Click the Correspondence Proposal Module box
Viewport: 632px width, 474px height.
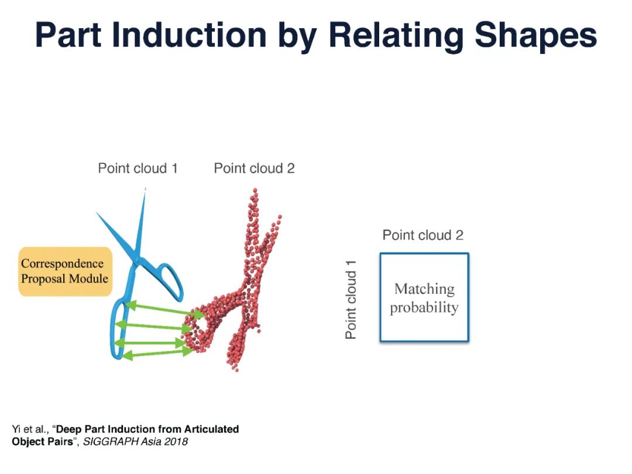tap(65, 272)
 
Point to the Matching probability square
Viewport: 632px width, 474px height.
tap(424, 297)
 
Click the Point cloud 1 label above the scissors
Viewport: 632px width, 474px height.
tap(138, 169)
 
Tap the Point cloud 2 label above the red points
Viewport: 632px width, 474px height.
tap(254, 169)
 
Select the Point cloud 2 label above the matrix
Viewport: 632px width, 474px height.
tap(423, 235)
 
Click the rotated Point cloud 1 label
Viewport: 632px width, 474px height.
tap(351, 300)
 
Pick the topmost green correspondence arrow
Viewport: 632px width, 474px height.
tap(165, 310)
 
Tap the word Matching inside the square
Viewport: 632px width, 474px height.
tap(424, 289)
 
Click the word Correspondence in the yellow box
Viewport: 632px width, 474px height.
tap(62, 264)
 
